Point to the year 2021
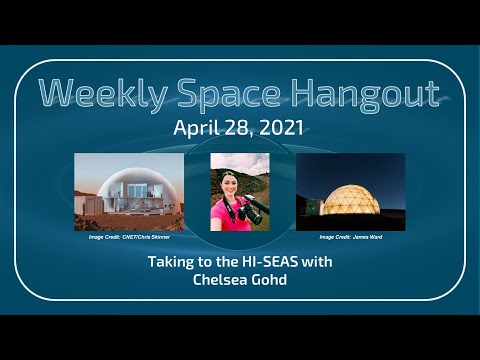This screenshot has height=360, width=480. click(x=285, y=128)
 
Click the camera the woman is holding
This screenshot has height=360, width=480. click(x=253, y=210)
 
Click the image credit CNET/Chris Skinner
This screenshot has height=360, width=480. click(x=128, y=237)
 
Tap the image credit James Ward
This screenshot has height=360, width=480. click(x=351, y=237)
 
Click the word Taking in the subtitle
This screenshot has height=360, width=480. click(x=169, y=262)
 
